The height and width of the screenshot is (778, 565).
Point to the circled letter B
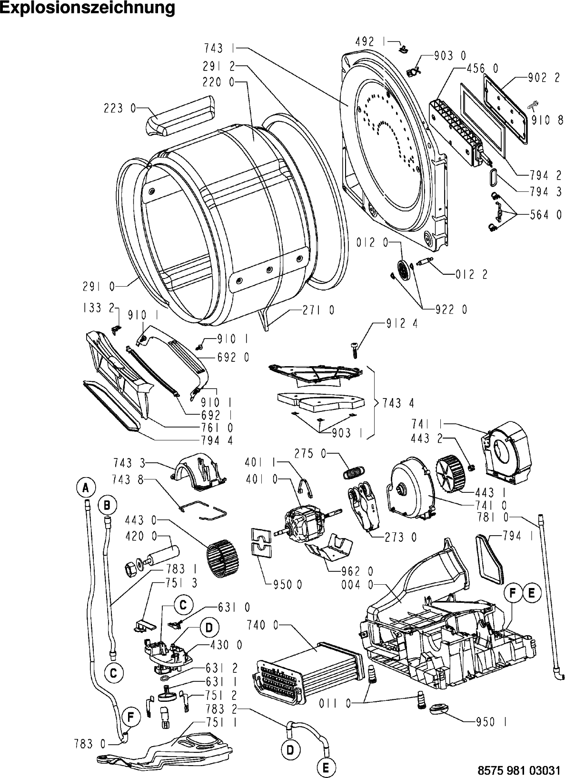point(107,505)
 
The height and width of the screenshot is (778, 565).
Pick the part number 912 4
point(402,324)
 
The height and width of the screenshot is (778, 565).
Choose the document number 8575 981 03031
point(519,770)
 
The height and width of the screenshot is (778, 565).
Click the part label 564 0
point(545,215)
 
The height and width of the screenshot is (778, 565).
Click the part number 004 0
point(357,585)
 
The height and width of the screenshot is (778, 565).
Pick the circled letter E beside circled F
point(531,593)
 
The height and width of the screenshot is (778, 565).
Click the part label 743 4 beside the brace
point(398,403)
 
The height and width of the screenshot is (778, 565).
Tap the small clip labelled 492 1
point(404,50)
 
